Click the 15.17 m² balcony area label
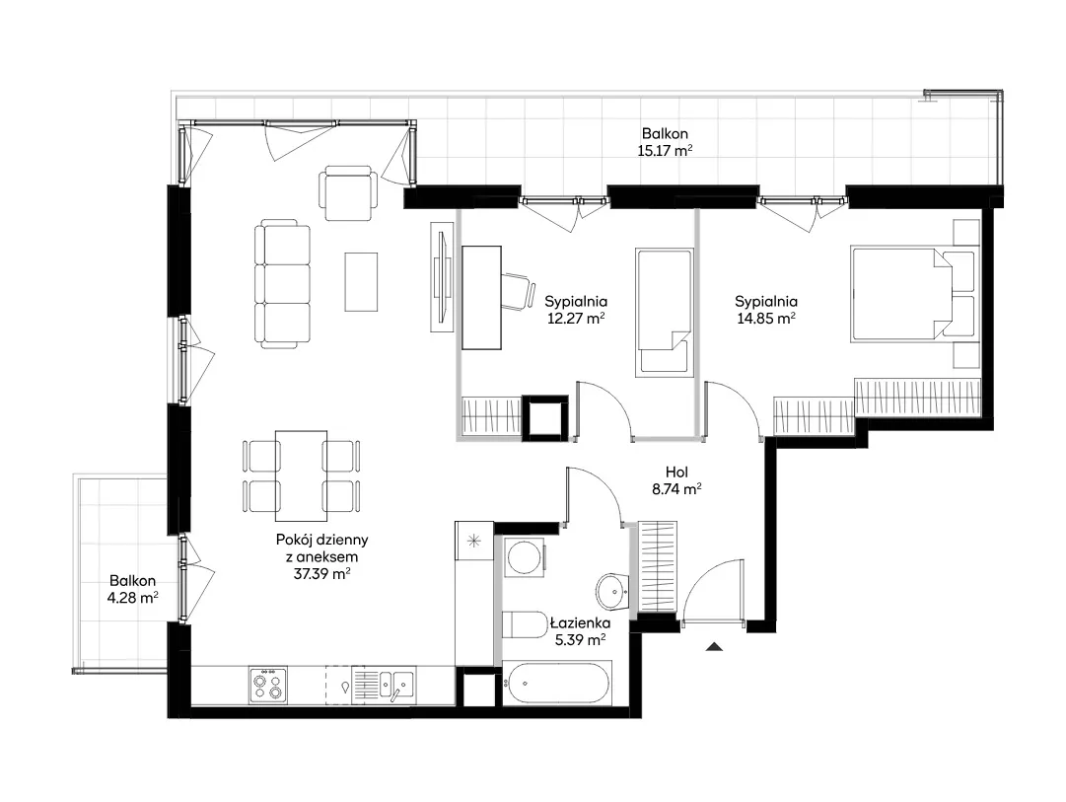coord(665,150)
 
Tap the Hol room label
coord(676,473)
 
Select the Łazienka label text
coord(580,622)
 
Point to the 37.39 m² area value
coord(321,573)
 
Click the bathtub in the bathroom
coord(557,683)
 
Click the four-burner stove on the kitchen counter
coord(268,685)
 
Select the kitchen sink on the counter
coord(395,684)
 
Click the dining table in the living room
coord(301,475)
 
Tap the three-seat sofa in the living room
coord(283,284)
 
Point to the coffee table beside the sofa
coord(361,281)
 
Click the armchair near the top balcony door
coord(348,192)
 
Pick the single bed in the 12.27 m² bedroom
coord(665,313)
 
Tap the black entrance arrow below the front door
coord(714,646)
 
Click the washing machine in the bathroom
coord(525,557)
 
